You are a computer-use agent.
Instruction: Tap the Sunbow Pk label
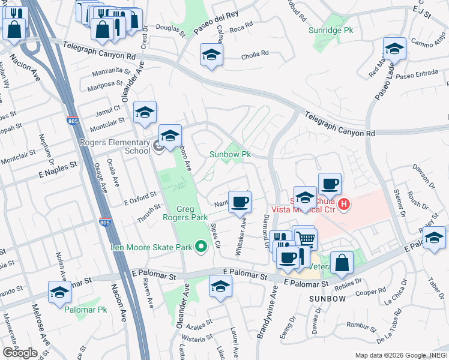[229, 154]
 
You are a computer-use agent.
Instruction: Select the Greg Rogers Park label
[185, 214]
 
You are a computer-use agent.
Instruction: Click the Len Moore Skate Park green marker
[201, 247]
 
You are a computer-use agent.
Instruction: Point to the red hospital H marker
[343, 205]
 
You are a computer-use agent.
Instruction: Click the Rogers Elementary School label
[115, 146]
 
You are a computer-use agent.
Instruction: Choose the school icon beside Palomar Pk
[59, 292]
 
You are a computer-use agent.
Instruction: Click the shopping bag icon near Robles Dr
[341, 262]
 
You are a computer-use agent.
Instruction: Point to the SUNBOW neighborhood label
[328, 298]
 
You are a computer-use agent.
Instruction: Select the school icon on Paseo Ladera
[395, 48]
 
